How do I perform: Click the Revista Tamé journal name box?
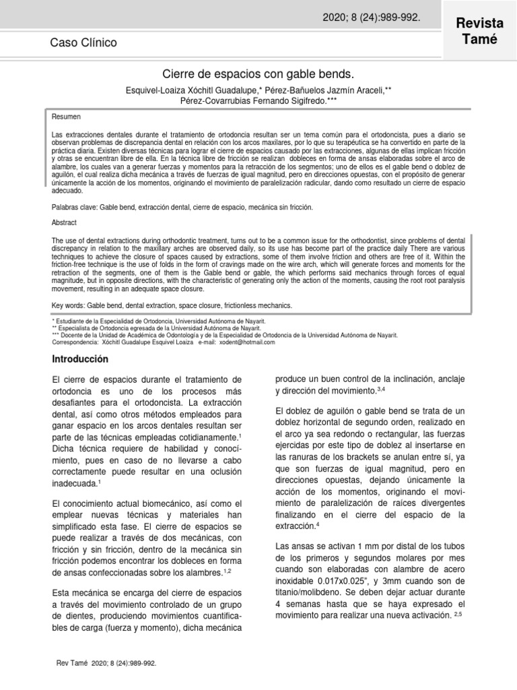coord(480,32)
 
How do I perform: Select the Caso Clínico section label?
coord(83,43)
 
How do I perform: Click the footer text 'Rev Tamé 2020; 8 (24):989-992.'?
coord(108,663)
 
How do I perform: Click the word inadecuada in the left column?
coord(74,482)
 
